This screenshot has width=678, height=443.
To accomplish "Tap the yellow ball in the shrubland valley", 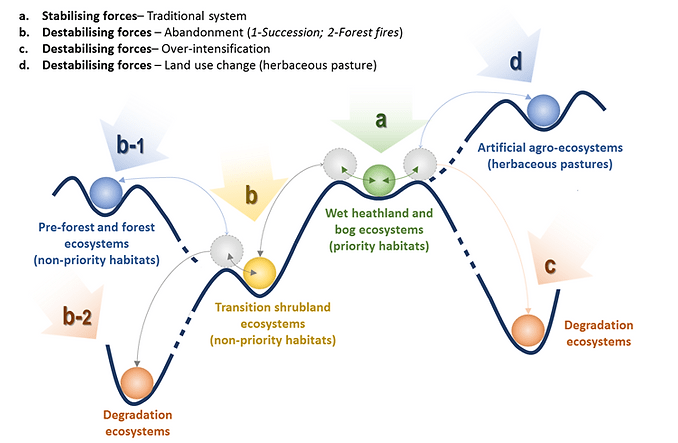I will pyautogui.click(x=260, y=272).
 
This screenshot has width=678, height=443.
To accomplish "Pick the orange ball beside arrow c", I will pyautogui.click(x=526, y=329).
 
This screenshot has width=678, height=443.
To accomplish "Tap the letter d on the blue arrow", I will pyautogui.click(x=515, y=62).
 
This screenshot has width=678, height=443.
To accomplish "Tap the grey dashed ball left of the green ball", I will pyautogui.click(x=338, y=159).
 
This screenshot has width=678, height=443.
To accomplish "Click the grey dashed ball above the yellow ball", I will pyautogui.click(x=227, y=250).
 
